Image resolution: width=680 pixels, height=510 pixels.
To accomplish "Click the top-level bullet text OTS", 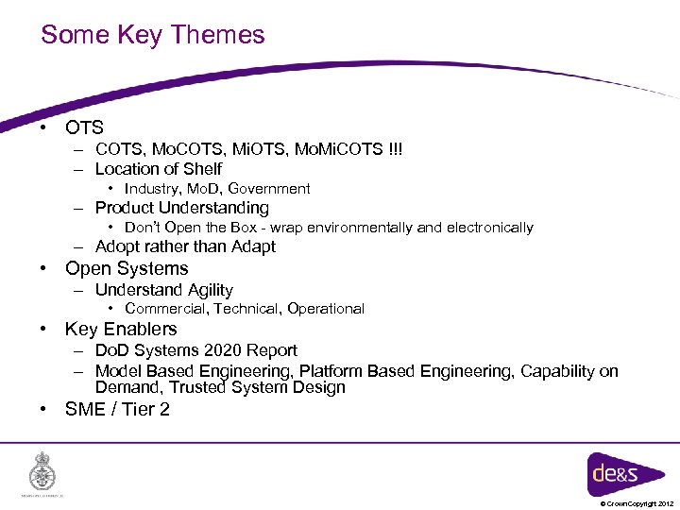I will [x=84, y=127].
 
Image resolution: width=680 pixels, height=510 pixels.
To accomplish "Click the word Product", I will [x=125, y=208].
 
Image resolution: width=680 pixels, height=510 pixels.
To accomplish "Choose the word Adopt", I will [x=116, y=246].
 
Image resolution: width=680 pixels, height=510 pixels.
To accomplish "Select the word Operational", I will [x=326, y=309].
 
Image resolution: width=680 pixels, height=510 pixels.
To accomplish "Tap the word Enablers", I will [x=147, y=330].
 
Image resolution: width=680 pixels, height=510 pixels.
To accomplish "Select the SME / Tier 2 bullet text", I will [x=117, y=409].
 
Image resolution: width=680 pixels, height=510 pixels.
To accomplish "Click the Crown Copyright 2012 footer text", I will [x=636, y=504].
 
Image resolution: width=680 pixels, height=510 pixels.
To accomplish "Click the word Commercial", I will [x=166, y=309].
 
